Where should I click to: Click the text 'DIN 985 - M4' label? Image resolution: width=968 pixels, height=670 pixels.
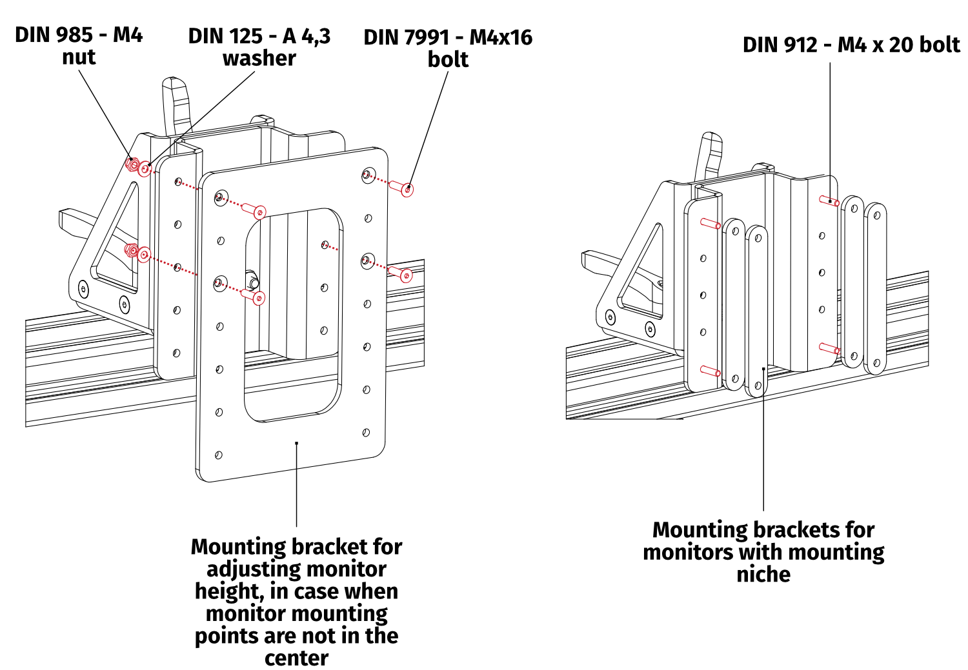point(79,34)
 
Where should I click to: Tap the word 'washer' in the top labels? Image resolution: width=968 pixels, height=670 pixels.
point(259,58)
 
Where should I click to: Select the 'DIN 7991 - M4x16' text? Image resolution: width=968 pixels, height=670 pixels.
point(448,37)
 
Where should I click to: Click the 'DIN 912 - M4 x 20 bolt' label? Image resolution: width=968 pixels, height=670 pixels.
point(851,44)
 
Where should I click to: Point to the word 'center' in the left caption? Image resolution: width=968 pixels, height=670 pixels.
point(296,658)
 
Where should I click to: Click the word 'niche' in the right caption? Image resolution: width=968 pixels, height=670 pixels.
point(763,574)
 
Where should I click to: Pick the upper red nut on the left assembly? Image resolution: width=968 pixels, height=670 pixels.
point(132,165)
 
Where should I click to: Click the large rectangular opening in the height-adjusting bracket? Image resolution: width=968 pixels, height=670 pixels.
point(292,316)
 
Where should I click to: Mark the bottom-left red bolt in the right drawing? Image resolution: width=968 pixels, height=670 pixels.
point(711,371)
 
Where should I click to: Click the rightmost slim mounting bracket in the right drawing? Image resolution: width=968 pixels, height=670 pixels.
point(875,289)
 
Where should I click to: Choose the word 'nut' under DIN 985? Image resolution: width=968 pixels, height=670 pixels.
point(79,57)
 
